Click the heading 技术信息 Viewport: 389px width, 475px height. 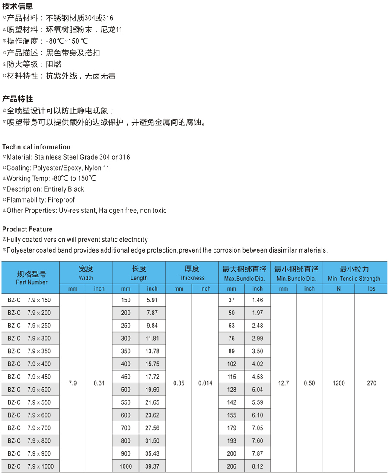click(17, 6)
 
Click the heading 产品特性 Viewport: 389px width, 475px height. click(17, 99)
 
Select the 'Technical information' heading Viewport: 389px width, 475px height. click(36, 147)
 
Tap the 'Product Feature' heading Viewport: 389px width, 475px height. click(27, 229)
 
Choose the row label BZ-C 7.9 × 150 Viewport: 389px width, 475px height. click(29, 300)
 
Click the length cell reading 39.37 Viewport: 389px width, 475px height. click(152, 466)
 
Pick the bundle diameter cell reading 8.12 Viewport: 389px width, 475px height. click(257, 466)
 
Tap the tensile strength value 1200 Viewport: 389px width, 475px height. click(339, 383)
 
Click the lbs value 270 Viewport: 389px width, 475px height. click(371, 383)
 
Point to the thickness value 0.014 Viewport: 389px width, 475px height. click(205, 383)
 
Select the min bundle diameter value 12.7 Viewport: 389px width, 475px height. click(284, 383)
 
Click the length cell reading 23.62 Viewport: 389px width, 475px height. click(152, 415)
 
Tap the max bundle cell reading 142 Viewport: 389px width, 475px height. click(232, 402)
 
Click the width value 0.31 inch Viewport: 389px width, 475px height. click(99, 383)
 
